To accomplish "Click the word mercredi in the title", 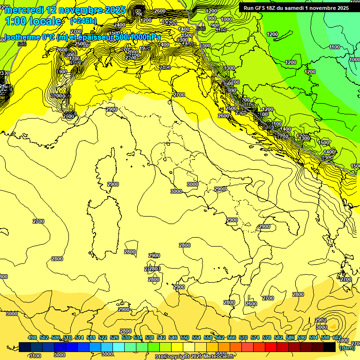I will point(24,10).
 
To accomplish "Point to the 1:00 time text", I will point(15,22).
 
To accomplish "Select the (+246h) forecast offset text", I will point(83,21).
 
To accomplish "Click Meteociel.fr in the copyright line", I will point(218,357).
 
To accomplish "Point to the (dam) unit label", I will point(347,348).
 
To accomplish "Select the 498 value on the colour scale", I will point(32,337).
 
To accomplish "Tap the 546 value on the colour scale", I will point(173,337).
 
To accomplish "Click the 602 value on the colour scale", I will point(337,337).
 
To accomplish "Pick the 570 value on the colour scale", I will point(243,337).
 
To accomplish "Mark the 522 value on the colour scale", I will point(103,337).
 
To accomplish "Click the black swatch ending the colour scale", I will point(330,347).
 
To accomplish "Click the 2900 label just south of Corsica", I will point(112,185).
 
